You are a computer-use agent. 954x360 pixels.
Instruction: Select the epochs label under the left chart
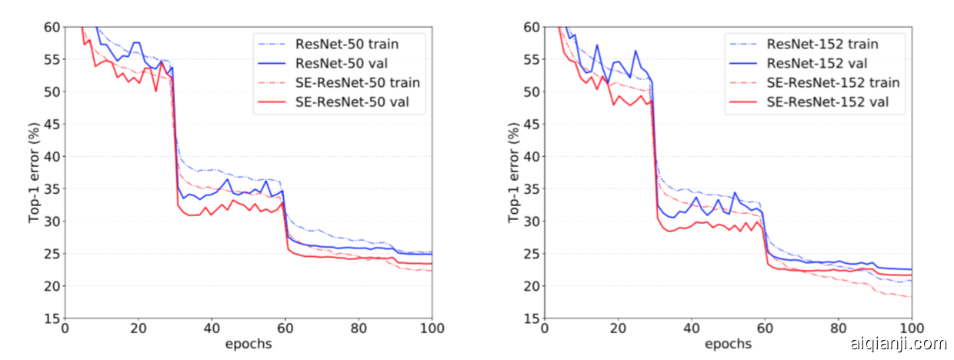249,344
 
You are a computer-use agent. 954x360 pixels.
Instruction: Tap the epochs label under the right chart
728,344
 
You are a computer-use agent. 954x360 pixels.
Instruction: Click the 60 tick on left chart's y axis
52,27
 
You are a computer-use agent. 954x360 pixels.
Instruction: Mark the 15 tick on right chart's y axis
531,318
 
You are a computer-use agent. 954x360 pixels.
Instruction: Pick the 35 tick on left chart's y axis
52,188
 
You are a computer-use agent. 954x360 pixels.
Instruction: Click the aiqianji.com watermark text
898,344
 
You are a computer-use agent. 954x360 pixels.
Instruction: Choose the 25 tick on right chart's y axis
531,254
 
